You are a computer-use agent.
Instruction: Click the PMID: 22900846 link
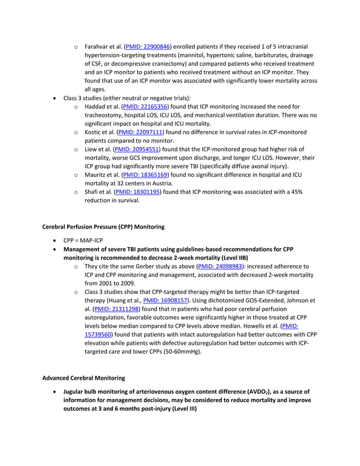(148, 46)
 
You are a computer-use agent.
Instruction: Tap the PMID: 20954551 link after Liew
(137, 150)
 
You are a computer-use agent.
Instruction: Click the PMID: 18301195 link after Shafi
(138, 192)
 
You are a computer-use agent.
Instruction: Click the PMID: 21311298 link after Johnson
(117, 309)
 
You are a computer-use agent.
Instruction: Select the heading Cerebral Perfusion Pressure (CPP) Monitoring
(103, 227)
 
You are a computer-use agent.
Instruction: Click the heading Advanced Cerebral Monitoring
(84, 377)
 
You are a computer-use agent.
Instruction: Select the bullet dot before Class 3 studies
(54, 98)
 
